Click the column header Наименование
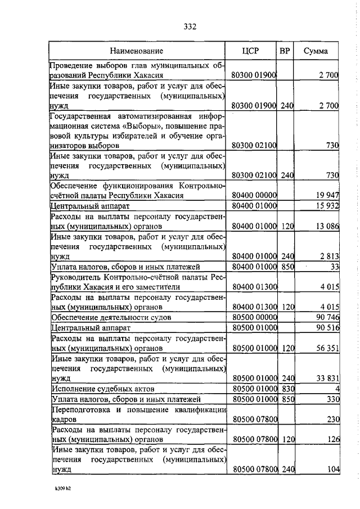(x=136, y=51)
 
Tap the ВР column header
(x=285, y=51)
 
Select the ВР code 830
(x=287, y=389)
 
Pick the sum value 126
(x=332, y=439)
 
